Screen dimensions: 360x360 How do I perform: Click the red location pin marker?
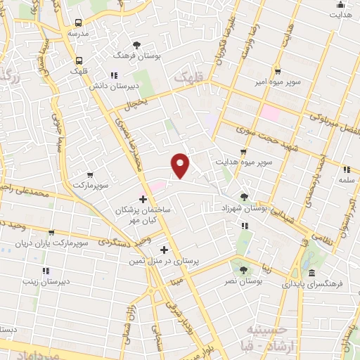click(x=181, y=165)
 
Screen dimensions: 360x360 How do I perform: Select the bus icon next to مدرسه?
click(x=78, y=22)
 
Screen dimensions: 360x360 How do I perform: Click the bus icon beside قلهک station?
click(x=79, y=60)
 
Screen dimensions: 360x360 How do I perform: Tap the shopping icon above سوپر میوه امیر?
click(x=278, y=71)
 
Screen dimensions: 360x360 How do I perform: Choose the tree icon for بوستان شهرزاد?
click(x=244, y=198)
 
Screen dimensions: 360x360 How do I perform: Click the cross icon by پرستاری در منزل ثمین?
click(x=164, y=250)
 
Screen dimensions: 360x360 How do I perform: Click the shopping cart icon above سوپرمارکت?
click(x=89, y=174)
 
